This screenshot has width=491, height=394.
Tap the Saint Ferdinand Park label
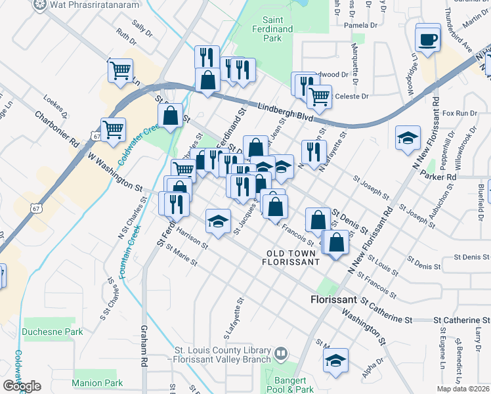[x=281, y=30]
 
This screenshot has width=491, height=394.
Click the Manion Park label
[x=98, y=383]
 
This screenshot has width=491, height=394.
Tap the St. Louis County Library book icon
[x=281, y=354]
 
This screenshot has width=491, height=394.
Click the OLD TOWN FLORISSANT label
[x=293, y=257]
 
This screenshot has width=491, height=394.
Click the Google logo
[x=22, y=386]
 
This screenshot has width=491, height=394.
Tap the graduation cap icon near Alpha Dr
[x=335, y=360]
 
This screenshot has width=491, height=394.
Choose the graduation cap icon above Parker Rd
[x=408, y=138]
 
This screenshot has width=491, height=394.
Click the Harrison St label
[x=192, y=240]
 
